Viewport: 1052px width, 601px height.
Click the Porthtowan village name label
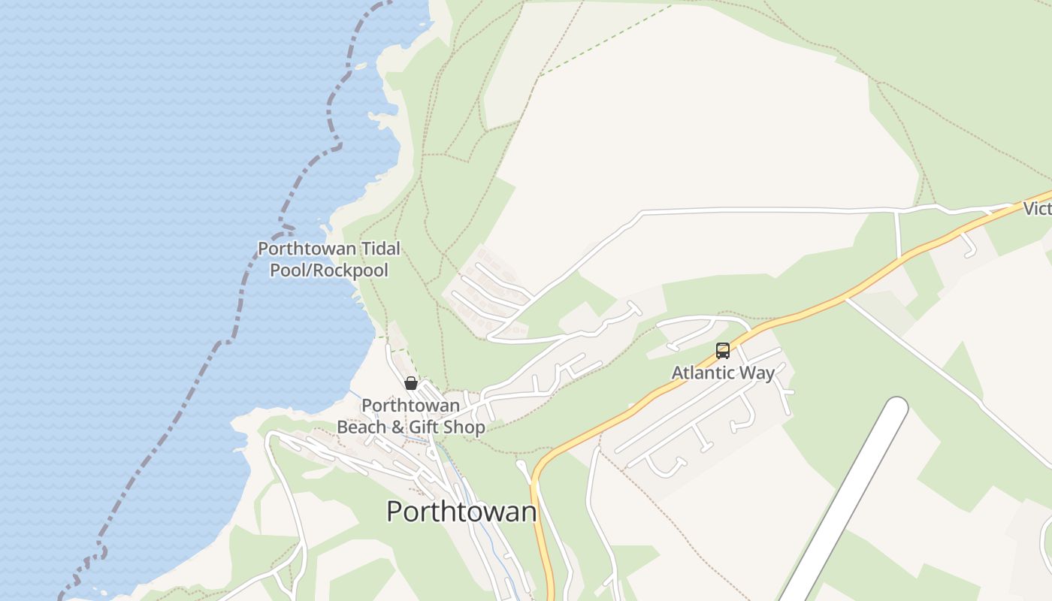pos(461,512)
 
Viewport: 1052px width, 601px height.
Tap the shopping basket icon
pos(411,383)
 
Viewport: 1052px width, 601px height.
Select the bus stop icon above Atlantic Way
pos(722,351)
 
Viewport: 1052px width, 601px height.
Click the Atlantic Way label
pos(722,373)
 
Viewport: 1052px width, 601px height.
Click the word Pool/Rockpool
pos(329,270)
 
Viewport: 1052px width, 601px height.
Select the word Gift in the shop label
pos(423,427)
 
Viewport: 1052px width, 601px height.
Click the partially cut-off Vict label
pos(1037,209)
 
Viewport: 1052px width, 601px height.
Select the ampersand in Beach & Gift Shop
pos(397,427)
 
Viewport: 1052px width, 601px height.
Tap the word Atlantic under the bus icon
pos(704,373)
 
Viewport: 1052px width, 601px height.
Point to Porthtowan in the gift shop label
pos(410,406)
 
